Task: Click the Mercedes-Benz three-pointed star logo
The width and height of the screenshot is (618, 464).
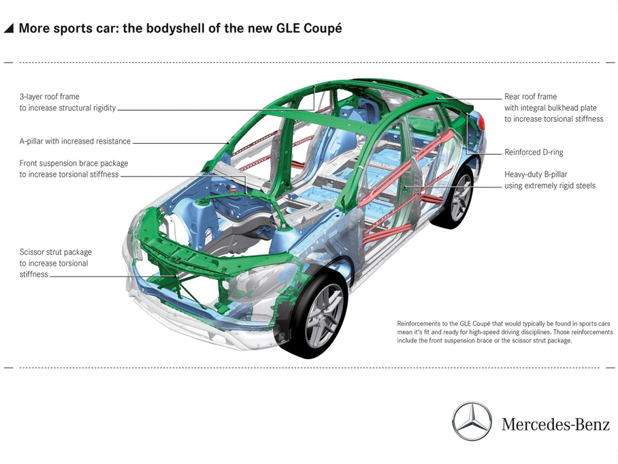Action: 472,421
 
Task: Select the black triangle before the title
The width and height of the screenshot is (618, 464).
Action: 9,29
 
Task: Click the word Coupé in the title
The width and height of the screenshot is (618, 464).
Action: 319,29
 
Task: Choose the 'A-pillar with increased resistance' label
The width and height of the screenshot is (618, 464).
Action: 75,142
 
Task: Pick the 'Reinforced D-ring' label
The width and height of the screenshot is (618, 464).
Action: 534,153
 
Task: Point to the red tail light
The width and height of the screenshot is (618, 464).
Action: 481,123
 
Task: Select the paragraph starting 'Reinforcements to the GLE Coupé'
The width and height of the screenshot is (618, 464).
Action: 504,332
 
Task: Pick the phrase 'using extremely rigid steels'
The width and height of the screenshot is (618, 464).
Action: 549,186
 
